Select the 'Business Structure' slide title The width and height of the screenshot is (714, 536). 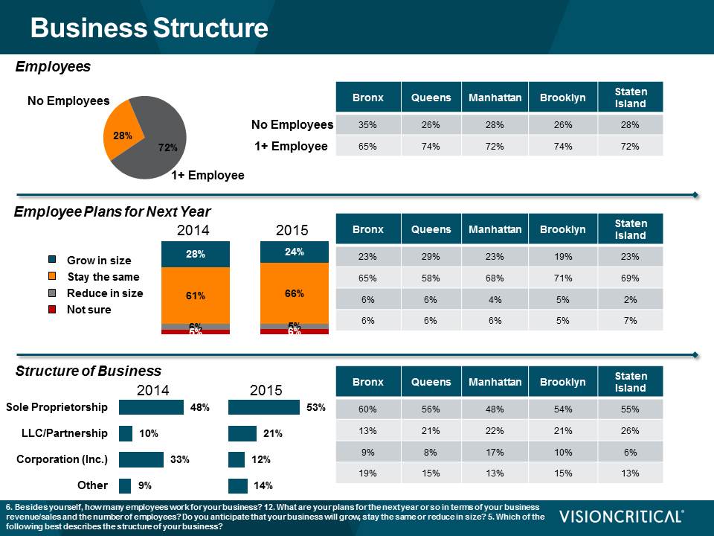point(149,28)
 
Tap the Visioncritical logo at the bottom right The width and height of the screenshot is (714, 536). point(622,517)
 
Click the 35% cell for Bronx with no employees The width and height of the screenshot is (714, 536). point(367,125)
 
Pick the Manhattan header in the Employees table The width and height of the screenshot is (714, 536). point(495,98)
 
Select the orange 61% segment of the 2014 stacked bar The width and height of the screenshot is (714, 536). point(195,296)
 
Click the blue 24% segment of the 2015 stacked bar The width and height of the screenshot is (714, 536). point(294,252)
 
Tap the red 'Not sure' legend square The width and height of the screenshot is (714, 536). point(52,309)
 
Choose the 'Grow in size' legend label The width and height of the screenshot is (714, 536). point(99,261)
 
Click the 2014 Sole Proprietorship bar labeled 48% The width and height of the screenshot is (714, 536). point(151,407)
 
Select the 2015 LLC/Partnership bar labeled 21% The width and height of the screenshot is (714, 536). point(242,433)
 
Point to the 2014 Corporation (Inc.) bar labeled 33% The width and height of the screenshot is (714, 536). point(141,459)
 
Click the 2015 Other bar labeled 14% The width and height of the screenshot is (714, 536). point(237,485)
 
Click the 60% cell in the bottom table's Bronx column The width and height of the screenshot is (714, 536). point(367,409)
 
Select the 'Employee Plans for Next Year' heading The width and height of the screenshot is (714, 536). point(112,212)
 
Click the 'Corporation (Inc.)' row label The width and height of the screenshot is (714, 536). point(62,459)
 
